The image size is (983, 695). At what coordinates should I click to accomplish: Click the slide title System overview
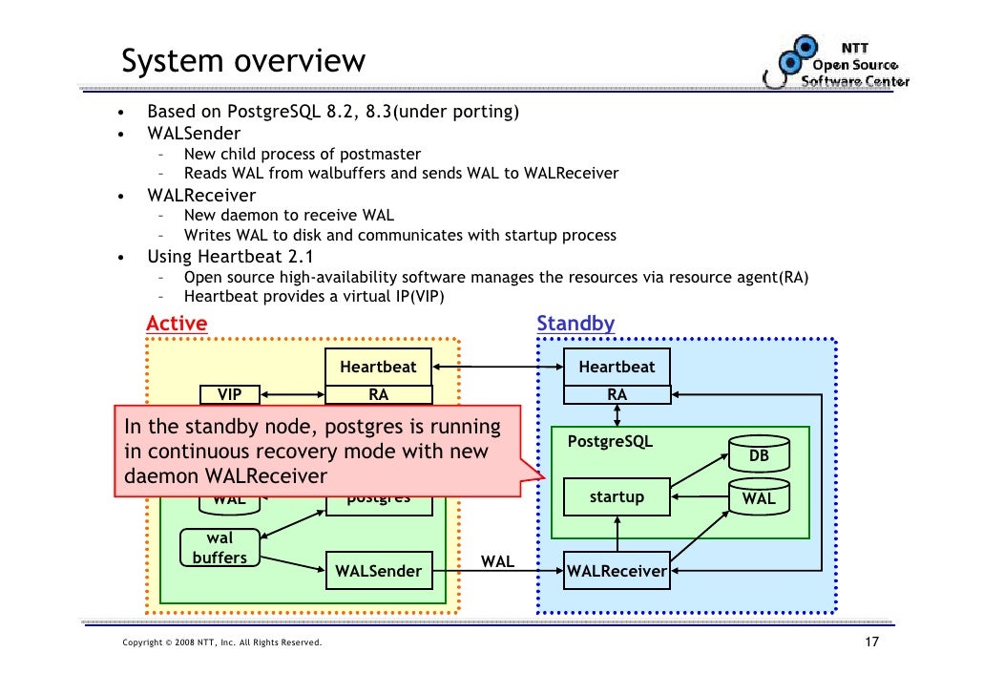(243, 62)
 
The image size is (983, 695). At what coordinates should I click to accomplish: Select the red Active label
(177, 324)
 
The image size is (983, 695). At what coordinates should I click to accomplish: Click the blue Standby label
(575, 324)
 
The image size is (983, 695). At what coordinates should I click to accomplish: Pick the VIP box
(230, 394)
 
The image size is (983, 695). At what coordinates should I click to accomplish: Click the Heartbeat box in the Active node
(378, 367)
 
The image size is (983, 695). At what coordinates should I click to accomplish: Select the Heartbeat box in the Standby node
(617, 367)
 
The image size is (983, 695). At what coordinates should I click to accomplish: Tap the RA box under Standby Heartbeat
(617, 394)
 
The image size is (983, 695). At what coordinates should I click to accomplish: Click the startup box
(617, 497)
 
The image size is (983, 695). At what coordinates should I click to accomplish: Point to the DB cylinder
(759, 453)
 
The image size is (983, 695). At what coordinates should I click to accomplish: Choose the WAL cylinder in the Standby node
(759, 497)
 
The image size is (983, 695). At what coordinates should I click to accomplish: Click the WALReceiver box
(617, 571)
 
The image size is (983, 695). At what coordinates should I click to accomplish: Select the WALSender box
(378, 571)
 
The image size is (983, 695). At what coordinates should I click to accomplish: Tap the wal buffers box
(220, 548)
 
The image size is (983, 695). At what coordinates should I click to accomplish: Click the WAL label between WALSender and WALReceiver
(497, 561)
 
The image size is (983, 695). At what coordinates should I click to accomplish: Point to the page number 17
(869, 642)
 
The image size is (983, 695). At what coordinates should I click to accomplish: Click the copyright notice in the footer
(222, 642)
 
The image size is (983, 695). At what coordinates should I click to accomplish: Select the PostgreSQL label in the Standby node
(610, 442)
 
